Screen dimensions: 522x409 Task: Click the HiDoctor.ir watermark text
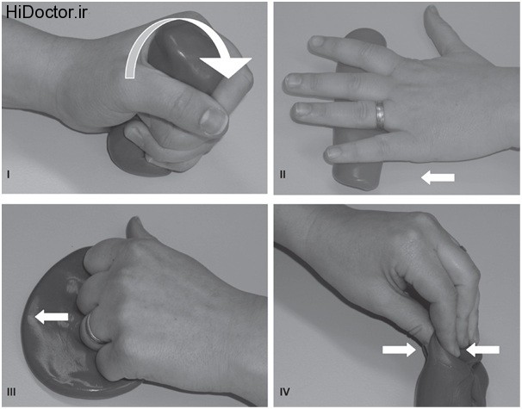(47, 12)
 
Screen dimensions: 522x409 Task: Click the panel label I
(9, 174)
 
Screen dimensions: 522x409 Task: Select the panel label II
(283, 174)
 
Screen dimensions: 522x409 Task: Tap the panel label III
(11, 392)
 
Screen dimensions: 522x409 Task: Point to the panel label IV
(284, 392)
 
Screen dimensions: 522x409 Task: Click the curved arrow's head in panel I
(227, 67)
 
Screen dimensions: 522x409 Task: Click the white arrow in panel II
(438, 177)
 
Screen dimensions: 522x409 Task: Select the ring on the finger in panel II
(380, 115)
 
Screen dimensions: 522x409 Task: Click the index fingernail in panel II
(317, 41)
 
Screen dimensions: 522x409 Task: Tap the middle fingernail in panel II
(294, 81)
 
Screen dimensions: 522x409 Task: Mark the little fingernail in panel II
(333, 152)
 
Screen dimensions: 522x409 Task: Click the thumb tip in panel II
(432, 10)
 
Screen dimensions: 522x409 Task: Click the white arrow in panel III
(52, 317)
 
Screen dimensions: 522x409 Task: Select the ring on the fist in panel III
(90, 328)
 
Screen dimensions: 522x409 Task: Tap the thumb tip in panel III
(134, 221)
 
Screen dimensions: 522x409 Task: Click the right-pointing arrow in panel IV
(399, 350)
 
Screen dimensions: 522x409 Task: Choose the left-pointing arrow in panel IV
(482, 350)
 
